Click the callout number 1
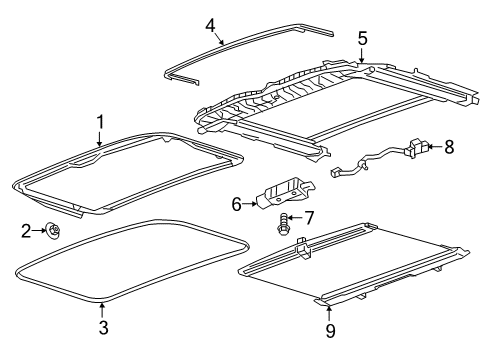click(x=100, y=122)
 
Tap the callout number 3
click(x=103, y=327)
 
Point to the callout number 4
click(x=210, y=24)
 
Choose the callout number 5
click(x=362, y=39)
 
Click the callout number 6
click(x=237, y=204)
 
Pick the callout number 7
click(x=309, y=217)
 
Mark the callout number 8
click(x=449, y=147)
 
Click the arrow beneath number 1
click(x=100, y=140)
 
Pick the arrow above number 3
click(x=103, y=305)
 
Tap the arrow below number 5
click(x=362, y=56)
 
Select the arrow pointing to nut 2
click(x=40, y=232)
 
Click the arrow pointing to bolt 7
click(x=297, y=217)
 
